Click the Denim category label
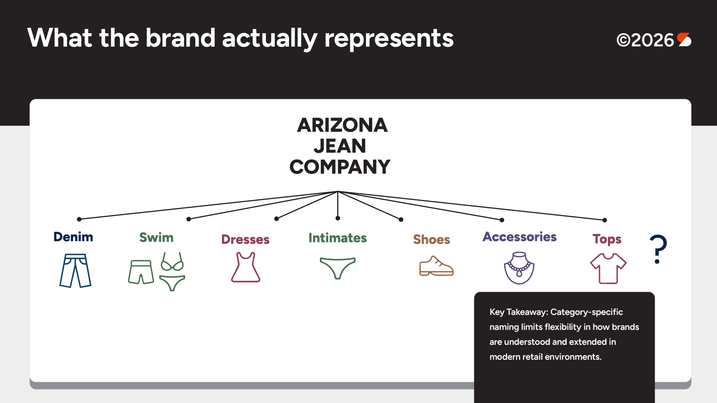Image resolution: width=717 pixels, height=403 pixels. pos(73,237)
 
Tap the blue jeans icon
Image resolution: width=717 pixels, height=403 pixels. pos(75,271)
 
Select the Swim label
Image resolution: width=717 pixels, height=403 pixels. pos(156,237)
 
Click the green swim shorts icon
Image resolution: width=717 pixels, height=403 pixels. pos(141,272)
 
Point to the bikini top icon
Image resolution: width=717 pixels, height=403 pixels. pos(172,262)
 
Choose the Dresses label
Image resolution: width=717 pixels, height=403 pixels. pos(245,239)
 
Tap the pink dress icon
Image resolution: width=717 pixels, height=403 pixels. pos(246,267)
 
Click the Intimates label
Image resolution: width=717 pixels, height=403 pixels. pos(338,238)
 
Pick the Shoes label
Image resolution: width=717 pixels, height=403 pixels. pos(432,239)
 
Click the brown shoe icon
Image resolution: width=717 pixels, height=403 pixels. pos(437,266)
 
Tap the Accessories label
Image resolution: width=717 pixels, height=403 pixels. pos(519,237)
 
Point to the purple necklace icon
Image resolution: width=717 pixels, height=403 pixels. pos(519,268)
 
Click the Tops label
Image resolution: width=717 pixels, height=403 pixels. pos(607,239)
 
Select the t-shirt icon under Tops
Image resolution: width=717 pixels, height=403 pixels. pos(608,268)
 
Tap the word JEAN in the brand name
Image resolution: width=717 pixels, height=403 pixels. pos(340,146)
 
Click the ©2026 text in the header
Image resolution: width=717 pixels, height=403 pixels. pos(645,40)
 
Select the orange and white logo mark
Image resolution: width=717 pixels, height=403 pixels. pos(684,40)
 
